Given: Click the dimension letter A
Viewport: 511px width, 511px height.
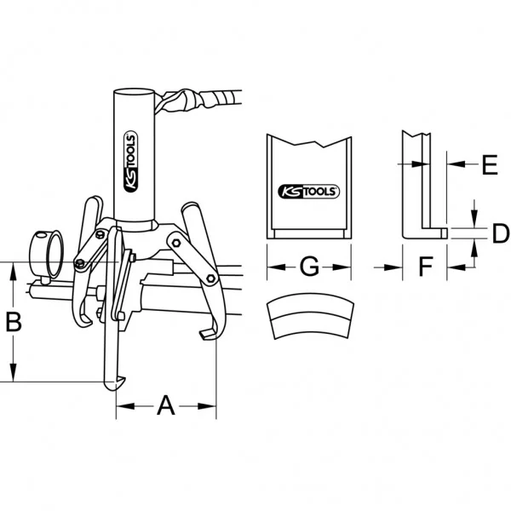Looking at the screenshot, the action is (166, 405).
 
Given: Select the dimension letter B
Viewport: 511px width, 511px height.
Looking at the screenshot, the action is (14, 322).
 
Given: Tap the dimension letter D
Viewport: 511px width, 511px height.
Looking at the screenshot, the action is (500, 233).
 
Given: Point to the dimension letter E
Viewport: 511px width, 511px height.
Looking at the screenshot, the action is (490, 164).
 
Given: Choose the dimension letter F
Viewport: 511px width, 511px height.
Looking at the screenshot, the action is (425, 267).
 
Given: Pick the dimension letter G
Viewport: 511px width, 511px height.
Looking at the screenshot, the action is (309, 267).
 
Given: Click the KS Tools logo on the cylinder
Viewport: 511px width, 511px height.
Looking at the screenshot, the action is (131, 161).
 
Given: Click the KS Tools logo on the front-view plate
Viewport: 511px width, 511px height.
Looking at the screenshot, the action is (308, 192).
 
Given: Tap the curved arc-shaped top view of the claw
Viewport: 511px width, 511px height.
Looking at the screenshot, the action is (310, 315).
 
